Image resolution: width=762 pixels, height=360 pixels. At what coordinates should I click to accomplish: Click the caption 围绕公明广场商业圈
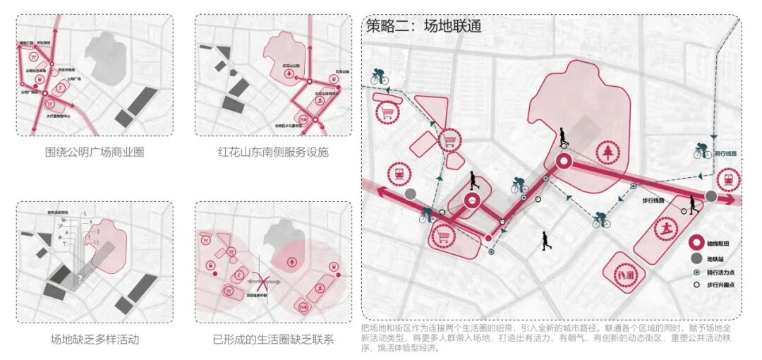95,152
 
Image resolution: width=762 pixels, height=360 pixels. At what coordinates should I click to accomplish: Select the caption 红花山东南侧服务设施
273,152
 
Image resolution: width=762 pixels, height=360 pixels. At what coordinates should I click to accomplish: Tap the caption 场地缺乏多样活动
95,340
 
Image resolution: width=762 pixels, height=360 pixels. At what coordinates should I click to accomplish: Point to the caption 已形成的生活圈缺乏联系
273,340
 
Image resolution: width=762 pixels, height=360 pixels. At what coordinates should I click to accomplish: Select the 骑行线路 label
725,153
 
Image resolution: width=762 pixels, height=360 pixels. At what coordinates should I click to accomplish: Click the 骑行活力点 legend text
722,272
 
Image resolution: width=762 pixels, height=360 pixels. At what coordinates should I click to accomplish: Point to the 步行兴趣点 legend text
722,287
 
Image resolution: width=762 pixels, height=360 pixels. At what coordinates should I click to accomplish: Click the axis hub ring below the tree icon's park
564,163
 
